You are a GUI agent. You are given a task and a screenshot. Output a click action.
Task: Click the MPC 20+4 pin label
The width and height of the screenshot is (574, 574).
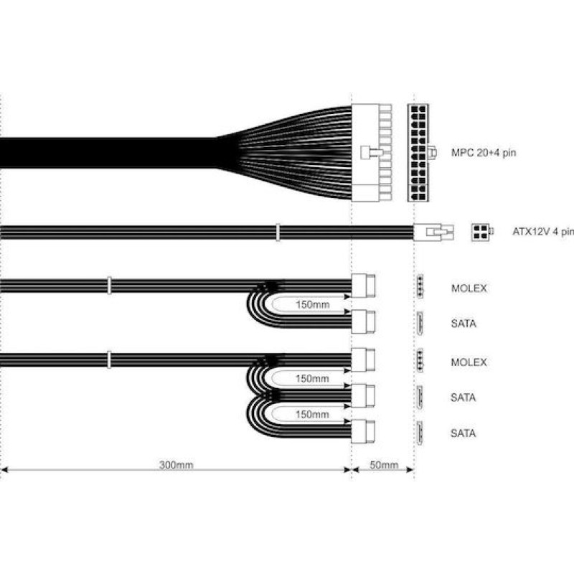pos(484,153)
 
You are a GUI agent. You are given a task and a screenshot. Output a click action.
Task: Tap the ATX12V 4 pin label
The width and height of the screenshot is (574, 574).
pos(543,232)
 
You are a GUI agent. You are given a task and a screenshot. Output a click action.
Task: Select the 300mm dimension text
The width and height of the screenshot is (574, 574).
pos(176,465)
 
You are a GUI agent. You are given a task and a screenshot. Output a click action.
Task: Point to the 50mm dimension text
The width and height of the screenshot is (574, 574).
pos(384,465)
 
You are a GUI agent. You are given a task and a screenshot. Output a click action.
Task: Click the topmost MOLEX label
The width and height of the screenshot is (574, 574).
pos(469,288)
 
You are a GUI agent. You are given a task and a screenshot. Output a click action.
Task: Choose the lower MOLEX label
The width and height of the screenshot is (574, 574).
pos(469,362)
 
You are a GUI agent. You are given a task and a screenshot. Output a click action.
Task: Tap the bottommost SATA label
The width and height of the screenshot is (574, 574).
pos(463,433)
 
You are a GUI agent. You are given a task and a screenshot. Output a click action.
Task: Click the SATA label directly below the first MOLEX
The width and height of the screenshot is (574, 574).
pos(464,324)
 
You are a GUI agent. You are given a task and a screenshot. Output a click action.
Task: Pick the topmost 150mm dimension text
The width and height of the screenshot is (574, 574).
pos(312,304)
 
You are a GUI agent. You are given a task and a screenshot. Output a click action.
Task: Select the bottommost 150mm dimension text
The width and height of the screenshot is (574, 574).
pos(312,415)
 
